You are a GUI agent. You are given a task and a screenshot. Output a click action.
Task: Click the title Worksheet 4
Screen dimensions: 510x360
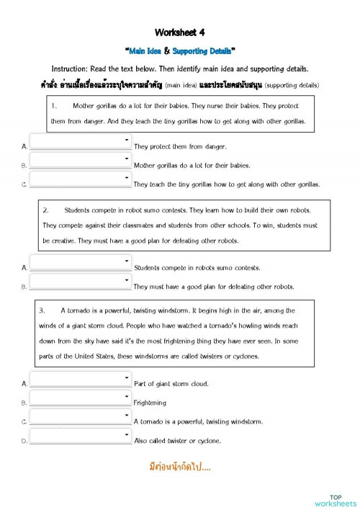point(180,32)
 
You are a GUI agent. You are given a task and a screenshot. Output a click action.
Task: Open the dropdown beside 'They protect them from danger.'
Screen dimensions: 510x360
point(80,141)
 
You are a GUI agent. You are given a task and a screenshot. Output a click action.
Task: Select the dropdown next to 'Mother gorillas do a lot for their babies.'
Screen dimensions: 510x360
point(80,160)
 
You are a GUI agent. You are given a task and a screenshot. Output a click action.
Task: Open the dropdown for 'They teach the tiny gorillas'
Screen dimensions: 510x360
point(80,179)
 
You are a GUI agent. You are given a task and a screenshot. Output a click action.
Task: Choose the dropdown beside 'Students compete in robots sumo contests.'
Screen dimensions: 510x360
point(80,262)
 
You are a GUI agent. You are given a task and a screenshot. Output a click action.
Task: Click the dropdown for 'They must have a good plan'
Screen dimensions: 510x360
point(80,281)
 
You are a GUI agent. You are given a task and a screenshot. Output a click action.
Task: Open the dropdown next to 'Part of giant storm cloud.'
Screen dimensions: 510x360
point(80,379)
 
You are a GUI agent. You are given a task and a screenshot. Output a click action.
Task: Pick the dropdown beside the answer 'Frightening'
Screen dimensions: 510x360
point(80,398)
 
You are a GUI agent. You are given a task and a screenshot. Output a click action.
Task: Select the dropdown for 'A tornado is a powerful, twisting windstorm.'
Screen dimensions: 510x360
point(80,416)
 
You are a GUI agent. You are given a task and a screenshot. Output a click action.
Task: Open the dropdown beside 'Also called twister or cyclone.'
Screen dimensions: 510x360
point(80,435)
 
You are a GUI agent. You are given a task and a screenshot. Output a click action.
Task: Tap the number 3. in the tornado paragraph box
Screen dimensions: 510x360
point(42,310)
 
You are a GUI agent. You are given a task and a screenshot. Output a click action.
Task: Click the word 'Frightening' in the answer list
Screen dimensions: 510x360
point(150,403)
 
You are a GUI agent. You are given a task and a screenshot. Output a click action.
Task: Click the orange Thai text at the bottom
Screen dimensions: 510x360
point(179,467)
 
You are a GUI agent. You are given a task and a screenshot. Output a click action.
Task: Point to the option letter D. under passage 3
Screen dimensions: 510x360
point(24,440)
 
